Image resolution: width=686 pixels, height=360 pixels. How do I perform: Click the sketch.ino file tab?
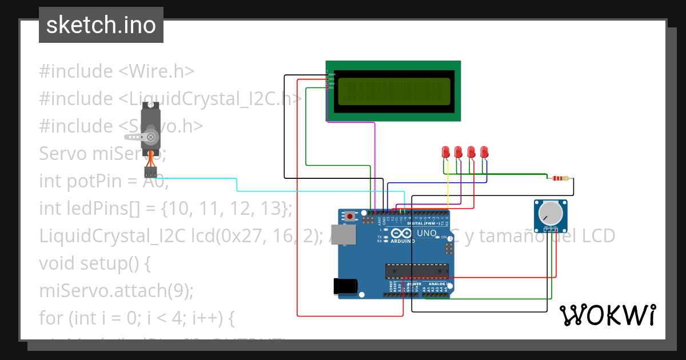pos(101,25)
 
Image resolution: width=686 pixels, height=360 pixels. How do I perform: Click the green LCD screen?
pos(393,91)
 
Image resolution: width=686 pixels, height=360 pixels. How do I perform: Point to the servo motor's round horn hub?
pos(151,137)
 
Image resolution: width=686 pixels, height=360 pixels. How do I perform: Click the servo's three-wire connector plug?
pos(150,172)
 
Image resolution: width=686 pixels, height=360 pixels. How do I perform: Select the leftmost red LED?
pos(446,153)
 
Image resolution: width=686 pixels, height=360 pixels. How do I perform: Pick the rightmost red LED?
pos(484,153)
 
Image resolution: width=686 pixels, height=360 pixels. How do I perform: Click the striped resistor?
pos(558,178)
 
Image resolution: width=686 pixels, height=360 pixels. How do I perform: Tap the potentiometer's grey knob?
pos(550,213)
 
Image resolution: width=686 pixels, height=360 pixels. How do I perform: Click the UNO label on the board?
pos(426,233)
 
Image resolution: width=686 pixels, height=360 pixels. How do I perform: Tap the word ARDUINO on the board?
pos(403,242)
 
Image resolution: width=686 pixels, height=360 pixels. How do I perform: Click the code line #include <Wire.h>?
pos(117,71)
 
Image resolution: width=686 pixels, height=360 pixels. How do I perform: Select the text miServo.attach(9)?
pos(117,291)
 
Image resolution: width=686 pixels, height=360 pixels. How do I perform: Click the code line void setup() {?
pos(95,263)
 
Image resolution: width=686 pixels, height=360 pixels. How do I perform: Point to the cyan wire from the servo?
pos(237,185)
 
